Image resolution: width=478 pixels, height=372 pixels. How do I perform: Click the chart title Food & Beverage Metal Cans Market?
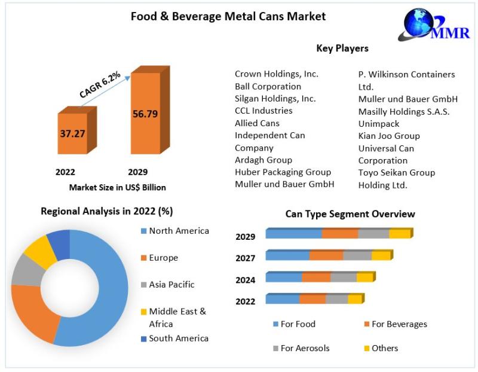[x=228, y=17]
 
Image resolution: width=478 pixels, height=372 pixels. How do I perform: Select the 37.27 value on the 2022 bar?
[x=72, y=133]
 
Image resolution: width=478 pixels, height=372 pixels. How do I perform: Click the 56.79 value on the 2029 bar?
[x=145, y=114]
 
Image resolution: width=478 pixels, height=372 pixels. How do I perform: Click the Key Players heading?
[x=342, y=48]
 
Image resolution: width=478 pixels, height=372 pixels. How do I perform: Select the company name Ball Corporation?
[x=268, y=86]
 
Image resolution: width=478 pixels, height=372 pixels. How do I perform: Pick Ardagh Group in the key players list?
[x=263, y=160]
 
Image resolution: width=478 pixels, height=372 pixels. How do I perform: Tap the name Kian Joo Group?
[x=389, y=136]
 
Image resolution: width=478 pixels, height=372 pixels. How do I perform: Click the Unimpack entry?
[x=379, y=123]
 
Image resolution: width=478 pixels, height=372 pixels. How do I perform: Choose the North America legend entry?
[x=179, y=231]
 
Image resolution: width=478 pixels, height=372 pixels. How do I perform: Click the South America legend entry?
[x=179, y=338]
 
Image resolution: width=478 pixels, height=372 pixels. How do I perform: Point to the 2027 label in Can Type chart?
[x=246, y=258]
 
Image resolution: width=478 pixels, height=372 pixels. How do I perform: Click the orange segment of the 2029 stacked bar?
[x=340, y=234]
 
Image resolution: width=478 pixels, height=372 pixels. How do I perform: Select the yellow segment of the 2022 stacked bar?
[x=355, y=299]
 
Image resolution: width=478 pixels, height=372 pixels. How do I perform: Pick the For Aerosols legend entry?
[x=305, y=348]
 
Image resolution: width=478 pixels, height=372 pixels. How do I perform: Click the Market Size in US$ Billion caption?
[x=118, y=187]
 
